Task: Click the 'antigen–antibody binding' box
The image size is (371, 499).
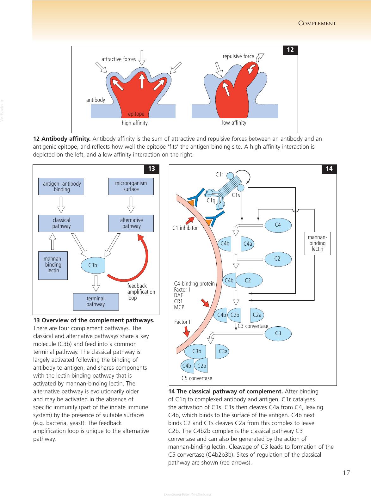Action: [61, 186]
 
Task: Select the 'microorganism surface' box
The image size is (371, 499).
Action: [131, 186]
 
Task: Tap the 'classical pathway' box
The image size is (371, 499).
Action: [61, 223]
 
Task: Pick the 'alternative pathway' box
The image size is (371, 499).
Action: [131, 223]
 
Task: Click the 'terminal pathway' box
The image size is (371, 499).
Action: [96, 301]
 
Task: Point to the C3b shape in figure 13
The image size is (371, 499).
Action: [93, 265]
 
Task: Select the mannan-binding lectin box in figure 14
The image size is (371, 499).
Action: [318, 243]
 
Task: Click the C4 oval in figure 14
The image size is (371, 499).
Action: [278, 225]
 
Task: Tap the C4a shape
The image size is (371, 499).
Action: [247, 244]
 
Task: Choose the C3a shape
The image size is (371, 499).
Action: [222, 351]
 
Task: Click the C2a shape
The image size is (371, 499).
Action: [257, 315]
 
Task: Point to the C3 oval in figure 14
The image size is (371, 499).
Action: [278, 333]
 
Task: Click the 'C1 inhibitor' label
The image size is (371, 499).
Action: [185, 228]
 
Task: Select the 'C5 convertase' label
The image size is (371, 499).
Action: [197, 378]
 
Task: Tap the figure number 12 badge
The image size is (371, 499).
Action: [290, 50]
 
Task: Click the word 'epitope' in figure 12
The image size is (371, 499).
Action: [136, 114]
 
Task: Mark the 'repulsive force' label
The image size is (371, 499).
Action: [238, 56]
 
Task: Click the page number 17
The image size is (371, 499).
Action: [346, 472]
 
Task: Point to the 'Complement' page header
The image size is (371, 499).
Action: [317, 23]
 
